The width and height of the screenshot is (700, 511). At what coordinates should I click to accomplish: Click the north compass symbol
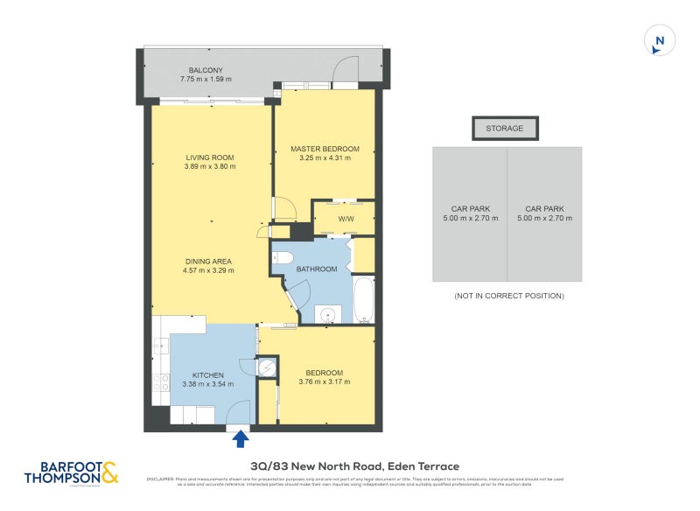660,40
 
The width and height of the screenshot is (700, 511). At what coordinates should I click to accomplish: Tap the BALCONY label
206,70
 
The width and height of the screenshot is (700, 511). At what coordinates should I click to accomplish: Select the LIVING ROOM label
210,157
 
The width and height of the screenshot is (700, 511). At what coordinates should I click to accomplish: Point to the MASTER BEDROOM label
325,149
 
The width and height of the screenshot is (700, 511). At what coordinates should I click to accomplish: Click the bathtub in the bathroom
364,299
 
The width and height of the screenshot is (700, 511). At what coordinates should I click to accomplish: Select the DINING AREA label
208,261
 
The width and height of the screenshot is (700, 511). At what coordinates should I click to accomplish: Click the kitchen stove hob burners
161,381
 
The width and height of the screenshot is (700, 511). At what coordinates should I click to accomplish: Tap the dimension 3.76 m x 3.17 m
325,382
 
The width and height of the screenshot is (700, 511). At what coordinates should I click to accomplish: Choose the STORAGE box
505,129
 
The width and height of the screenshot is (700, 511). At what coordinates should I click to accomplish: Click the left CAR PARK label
471,209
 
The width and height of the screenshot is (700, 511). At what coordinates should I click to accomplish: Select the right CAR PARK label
544,209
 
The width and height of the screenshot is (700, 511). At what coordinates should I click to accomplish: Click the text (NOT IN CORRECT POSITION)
508,297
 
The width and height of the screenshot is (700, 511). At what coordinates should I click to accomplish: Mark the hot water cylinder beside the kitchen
268,367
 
